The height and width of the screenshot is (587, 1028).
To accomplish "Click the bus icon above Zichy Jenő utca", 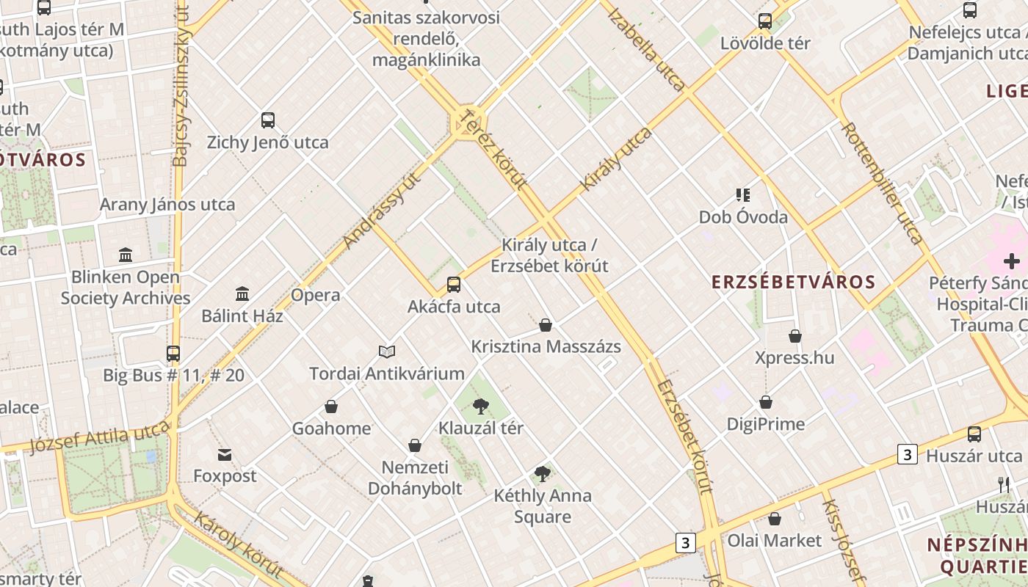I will [x=268, y=120].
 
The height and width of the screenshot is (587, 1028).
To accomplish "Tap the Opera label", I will [x=316, y=295].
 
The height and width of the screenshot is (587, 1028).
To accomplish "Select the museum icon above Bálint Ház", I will [x=242, y=294].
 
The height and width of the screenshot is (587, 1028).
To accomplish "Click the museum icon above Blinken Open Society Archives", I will [x=126, y=255].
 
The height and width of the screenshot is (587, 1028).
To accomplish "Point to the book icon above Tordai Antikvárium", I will [x=387, y=352].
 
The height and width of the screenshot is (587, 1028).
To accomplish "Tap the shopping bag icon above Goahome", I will [x=331, y=406].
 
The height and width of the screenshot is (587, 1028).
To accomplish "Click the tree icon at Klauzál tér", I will [x=481, y=406].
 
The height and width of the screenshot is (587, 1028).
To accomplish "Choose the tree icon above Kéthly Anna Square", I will [x=543, y=474].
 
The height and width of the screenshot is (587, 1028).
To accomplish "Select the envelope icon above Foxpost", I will [x=225, y=455].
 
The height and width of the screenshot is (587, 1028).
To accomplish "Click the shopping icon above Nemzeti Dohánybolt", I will [x=415, y=446].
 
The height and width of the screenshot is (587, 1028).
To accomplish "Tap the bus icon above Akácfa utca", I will [x=454, y=285].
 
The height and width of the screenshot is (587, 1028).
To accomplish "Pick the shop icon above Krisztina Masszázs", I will [x=546, y=325].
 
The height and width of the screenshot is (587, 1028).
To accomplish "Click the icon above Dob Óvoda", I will [x=743, y=195].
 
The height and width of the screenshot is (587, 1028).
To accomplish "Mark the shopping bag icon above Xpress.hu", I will [x=795, y=337].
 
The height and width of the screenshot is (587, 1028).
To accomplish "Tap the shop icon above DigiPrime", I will [x=766, y=403].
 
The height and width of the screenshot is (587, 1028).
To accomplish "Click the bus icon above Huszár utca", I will [x=974, y=434].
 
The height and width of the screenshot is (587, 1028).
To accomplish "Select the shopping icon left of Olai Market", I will [x=775, y=519].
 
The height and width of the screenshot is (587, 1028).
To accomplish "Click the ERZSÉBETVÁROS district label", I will [x=794, y=282].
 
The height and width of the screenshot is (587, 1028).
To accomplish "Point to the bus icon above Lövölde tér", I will [x=765, y=21].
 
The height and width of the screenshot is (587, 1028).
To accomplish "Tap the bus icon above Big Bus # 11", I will [x=173, y=354].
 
